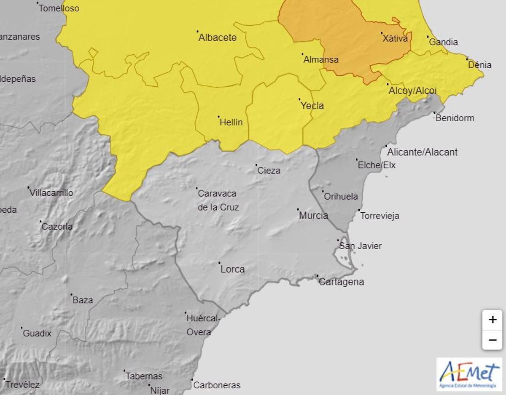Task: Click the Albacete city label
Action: click(x=218, y=37)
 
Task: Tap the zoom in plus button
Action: click(x=492, y=320)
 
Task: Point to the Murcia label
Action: click(x=313, y=216)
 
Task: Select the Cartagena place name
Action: click(x=341, y=282)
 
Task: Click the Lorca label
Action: click(x=232, y=269)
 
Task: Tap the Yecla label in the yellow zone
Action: click(x=312, y=106)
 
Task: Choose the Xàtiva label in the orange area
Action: click(x=395, y=39)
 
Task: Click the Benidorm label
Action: click(x=455, y=118)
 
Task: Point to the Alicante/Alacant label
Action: click(x=422, y=152)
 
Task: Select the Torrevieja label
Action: click(x=379, y=216)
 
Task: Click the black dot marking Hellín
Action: click(x=218, y=117)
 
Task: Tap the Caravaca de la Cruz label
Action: click(x=218, y=200)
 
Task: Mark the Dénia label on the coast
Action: click(x=480, y=65)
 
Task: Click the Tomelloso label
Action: click(x=59, y=8)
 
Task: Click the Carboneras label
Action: click(x=217, y=385)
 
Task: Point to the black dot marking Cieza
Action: click(x=256, y=165)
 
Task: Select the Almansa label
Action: click(x=321, y=59)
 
